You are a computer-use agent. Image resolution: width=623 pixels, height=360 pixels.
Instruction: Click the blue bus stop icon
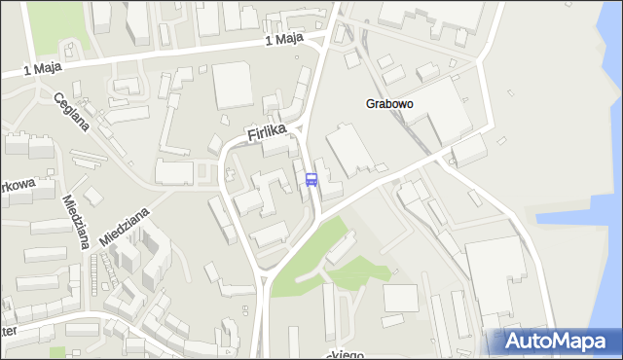[311, 179]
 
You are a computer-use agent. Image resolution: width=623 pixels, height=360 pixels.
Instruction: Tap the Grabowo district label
[390, 102]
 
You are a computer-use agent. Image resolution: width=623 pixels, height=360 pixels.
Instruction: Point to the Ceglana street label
[72, 112]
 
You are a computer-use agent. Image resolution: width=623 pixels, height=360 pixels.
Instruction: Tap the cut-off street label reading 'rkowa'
[17, 188]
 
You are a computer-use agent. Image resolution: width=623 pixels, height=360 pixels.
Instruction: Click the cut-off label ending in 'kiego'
[348, 354]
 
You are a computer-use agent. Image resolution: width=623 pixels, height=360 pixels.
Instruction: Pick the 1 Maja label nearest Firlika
[284, 41]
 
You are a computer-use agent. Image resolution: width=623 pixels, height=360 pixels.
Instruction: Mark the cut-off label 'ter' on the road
[9, 332]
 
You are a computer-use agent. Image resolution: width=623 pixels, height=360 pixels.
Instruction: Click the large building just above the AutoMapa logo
[496, 277]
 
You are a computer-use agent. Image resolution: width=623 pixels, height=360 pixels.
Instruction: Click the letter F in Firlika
[251, 143]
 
